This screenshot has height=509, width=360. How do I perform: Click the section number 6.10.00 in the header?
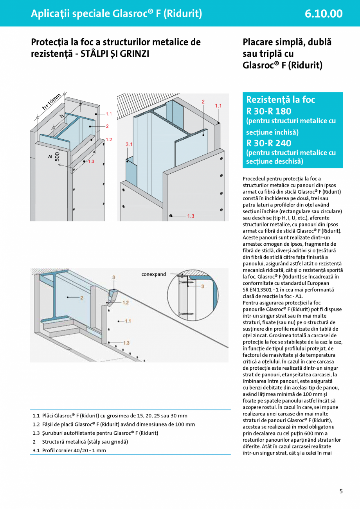pyautogui.click(x=324, y=14)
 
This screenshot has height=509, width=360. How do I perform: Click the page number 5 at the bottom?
pyautogui.click(x=341, y=491)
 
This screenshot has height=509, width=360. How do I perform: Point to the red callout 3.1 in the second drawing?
pyautogui.click(x=129, y=145)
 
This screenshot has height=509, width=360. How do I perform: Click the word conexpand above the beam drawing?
pyautogui.click(x=154, y=274)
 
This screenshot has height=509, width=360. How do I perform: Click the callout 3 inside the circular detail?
pyautogui.click(x=203, y=287)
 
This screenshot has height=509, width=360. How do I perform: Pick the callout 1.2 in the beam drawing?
pyautogui.click(x=125, y=303)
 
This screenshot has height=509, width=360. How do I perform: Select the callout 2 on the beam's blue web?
pyautogui.click(x=82, y=298)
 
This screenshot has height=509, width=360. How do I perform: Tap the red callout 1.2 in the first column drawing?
pyautogui.click(x=109, y=140)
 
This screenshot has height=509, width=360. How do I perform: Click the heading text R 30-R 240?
pyautogui.click(x=269, y=143)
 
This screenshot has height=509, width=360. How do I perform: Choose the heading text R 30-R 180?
pyautogui.click(x=269, y=111)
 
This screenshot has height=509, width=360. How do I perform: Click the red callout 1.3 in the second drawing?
pyautogui.click(x=191, y=216)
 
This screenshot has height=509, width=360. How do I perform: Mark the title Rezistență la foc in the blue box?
pyautogui.click(x=281, y=100)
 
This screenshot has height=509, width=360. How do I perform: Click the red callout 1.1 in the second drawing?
pyautogui.click(x=218, y=106)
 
